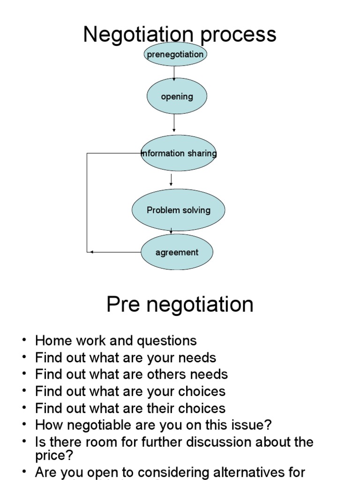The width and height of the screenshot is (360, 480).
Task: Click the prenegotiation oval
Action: (x=175, y=54)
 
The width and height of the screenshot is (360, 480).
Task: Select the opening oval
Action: (x=177, y=97)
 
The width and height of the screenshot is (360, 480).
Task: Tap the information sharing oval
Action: (x=179, y=153)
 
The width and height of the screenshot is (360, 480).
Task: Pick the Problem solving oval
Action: (x=178, y=210)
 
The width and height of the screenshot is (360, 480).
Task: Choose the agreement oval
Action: (x=177, y=252)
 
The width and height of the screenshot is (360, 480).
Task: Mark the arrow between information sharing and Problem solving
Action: (x=171, y=180)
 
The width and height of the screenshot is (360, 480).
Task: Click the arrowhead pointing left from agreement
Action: (x=91, y=252)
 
